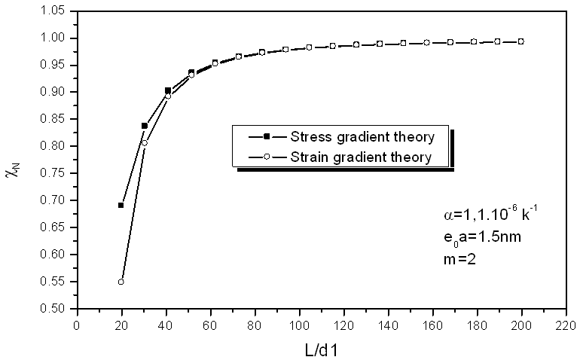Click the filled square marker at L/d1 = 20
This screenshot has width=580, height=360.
(x=121, y=205)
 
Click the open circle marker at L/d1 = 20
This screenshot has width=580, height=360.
(x=121, y=282)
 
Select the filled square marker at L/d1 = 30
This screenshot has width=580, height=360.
(x=144, y=126)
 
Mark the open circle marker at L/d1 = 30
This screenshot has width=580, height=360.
(x=144, y=143)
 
